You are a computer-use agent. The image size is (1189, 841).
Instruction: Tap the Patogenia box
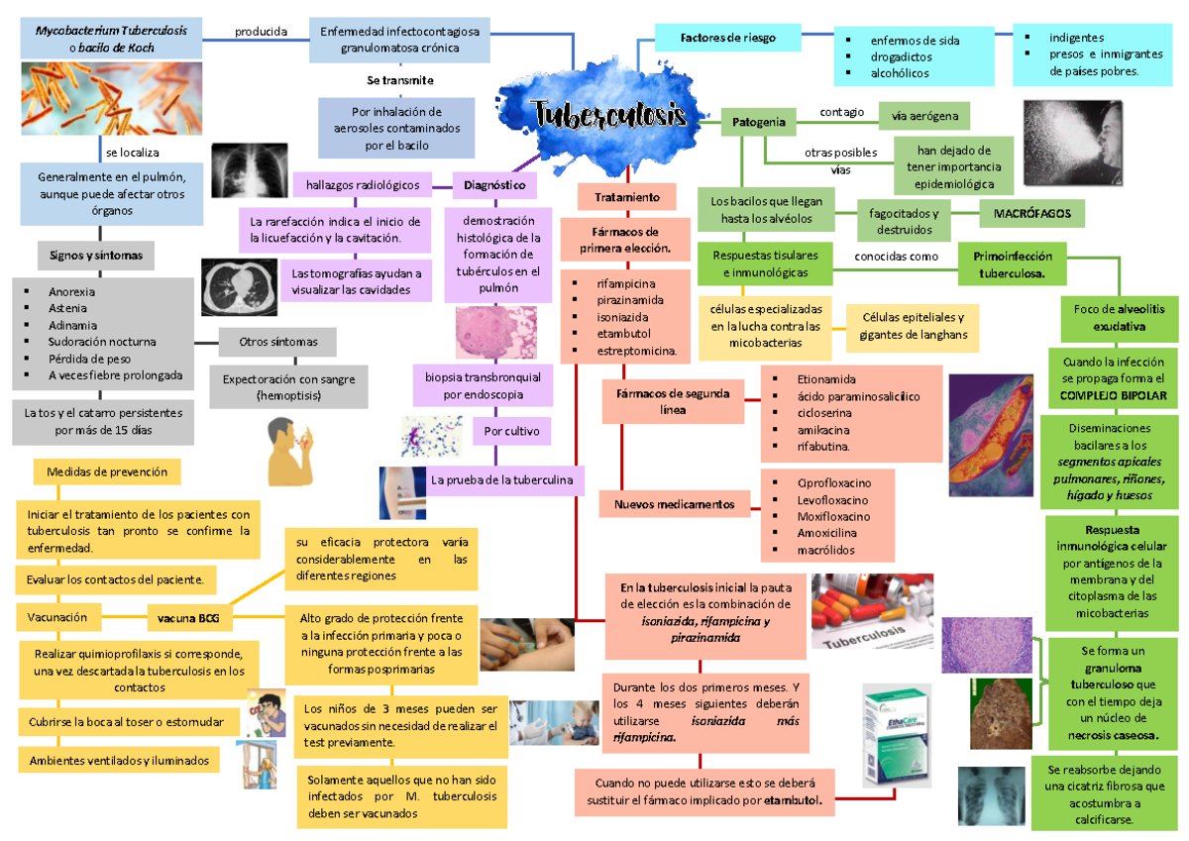pyautogui.click(x=759, y=123)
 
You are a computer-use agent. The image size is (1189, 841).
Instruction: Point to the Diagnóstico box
pyautogui.click(x=494, y=185)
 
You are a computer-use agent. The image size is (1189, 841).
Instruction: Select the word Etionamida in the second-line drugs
pyautogui.click(x=826, y=379)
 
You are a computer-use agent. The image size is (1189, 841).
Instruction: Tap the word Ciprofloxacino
pyautogui.click(x=834, y=482)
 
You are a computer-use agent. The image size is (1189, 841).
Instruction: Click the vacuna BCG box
pyautogui.click(x=188, y=619)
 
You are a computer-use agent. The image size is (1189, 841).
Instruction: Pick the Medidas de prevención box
pyautogui.click(x=107, y=473)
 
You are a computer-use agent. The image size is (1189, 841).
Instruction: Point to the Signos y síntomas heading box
pyautogui.click(x=95, y=256)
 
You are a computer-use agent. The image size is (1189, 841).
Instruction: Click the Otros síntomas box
pyautogui.click(x=278, y=342)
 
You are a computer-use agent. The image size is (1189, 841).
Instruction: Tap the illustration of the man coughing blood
pyautogui.click(x=294, y=451)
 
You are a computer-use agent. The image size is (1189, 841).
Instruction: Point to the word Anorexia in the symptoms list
pyautogui.click(x=72, y=292)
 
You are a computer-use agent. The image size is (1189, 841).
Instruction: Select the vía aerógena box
pyautogui.click(x=924, y=117)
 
